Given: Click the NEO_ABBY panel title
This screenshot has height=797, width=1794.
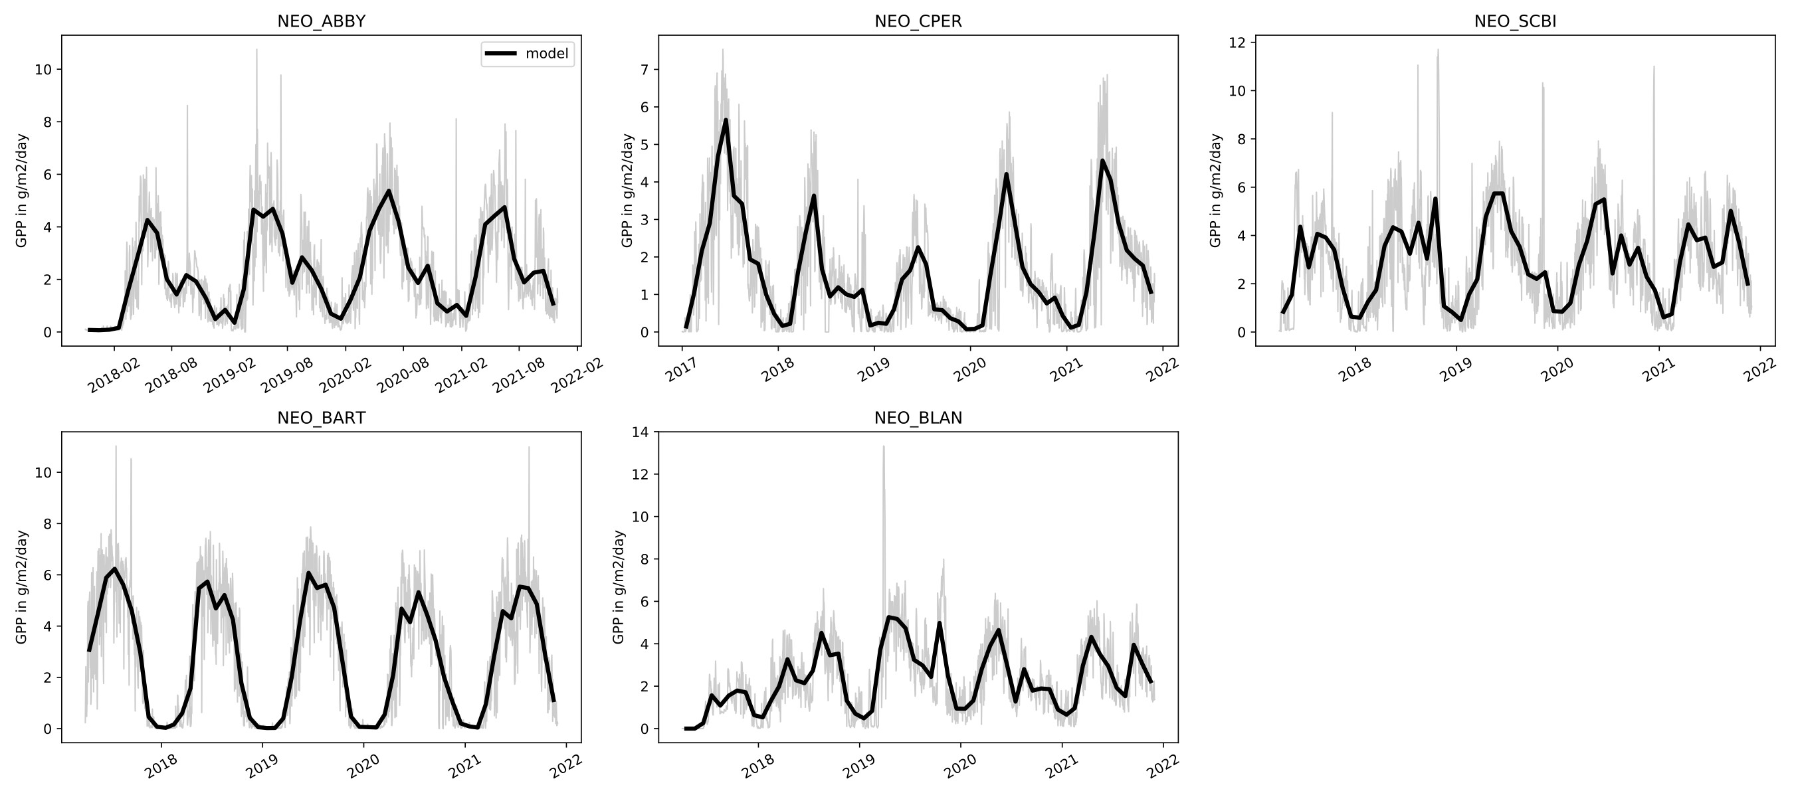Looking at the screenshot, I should coord(321,21).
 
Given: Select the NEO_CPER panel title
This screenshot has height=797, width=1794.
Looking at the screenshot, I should coord(918,21).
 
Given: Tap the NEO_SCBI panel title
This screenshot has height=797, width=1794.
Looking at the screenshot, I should coord(1515,21).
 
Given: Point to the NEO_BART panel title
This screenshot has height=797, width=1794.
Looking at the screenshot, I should coord(321,418).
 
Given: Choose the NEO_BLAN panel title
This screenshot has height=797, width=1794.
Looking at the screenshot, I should coord(918,418).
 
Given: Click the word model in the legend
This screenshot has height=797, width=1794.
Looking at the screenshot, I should coord(547,54).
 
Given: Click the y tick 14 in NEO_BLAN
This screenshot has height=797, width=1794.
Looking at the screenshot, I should coord(640,432).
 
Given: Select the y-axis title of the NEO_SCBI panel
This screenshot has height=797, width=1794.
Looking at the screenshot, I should coord(1216,190).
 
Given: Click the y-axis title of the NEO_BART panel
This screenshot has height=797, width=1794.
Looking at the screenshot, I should coord(21,586).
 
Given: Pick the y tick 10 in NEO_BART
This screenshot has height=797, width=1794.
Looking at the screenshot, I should coord(43,473).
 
